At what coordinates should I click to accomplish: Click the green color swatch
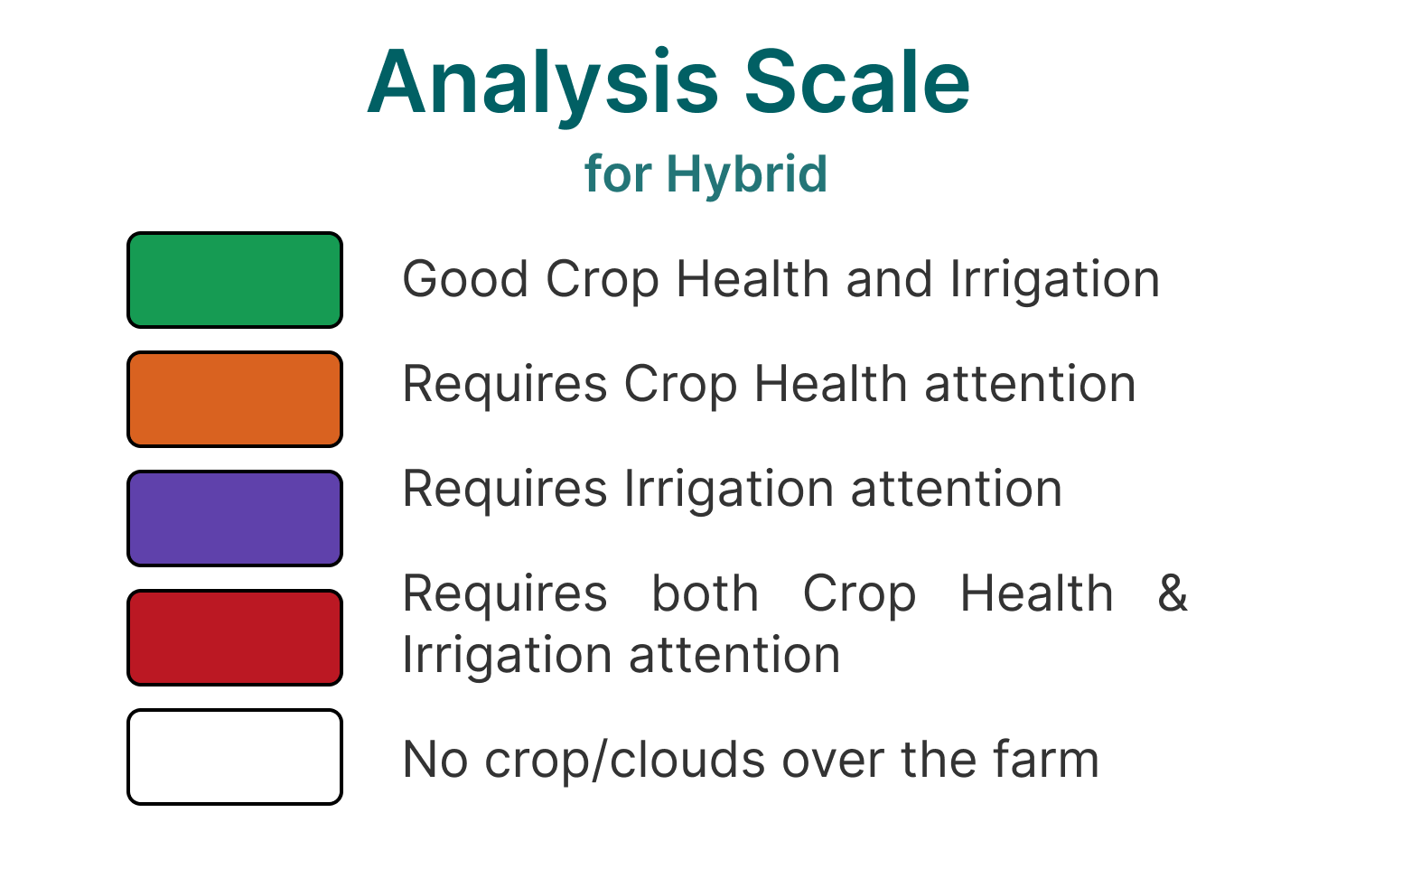point(235,280)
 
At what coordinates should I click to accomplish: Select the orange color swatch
point(235,399)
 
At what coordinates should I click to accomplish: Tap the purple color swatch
point(235,518)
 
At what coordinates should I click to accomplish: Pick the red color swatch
point(235,638)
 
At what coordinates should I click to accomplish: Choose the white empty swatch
point(235,757)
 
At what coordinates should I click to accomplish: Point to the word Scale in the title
point(857,82)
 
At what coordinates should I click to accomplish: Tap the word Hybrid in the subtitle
point(747,174)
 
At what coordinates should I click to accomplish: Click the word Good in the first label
point(465,279)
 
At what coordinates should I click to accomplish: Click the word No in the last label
point(435,760)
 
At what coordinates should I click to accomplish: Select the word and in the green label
point(890,279)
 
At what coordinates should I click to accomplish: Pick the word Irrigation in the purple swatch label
point(729,489)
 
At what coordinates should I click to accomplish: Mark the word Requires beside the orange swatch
point(505,385)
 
